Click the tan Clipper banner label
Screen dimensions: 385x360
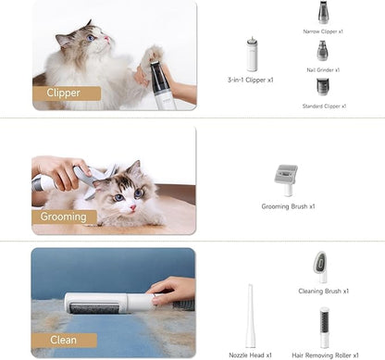67,93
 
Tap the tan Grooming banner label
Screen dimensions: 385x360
64,217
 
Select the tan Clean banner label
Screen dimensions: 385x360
64,341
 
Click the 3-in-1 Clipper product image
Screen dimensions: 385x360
252,55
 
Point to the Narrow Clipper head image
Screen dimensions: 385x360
323,12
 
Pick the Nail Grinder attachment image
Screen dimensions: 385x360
322,51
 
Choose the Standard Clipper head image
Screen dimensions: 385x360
323,87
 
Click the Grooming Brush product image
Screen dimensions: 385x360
287,180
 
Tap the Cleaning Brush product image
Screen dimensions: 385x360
321,267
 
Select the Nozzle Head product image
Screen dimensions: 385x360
250,316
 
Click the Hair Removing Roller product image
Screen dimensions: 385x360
324,328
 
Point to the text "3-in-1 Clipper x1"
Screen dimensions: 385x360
251,80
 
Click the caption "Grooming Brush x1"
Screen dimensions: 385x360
288,206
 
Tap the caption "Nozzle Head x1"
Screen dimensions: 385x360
250,355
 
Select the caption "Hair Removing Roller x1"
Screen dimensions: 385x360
325,355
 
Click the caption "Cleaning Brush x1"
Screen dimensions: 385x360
324,291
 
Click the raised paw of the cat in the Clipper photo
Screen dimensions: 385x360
152,56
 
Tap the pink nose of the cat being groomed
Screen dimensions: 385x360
133,207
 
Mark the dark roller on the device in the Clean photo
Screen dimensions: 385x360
94,308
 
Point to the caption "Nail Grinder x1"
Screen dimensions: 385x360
323,70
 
